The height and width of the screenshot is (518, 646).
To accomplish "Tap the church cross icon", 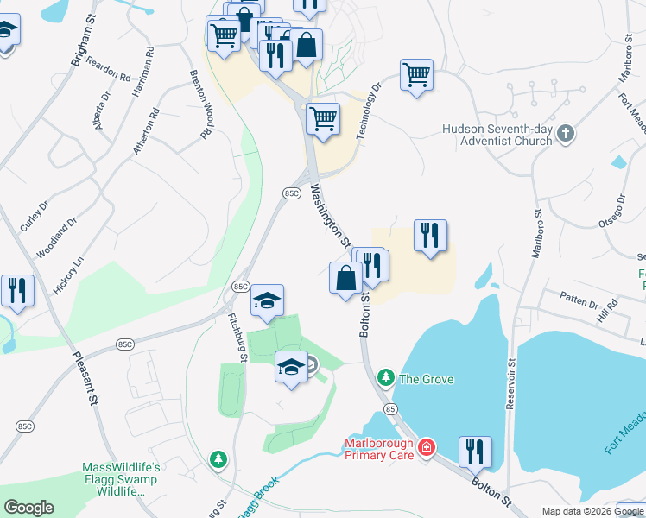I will (x=565, y=134).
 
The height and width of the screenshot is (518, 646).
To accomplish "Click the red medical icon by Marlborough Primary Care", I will (x=425, y=447).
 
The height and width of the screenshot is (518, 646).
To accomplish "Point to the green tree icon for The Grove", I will (x=385, y=378).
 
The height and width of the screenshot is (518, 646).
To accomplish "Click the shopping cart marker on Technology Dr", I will (x=416, y=75).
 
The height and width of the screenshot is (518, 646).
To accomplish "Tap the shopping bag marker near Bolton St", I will (x=345, y=278).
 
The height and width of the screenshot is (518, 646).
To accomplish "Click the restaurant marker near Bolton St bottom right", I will (x=475, y=451).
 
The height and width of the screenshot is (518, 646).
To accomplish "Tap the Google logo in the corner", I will (x=28, y=508).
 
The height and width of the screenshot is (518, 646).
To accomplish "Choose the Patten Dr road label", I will (x=579, y=304).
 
